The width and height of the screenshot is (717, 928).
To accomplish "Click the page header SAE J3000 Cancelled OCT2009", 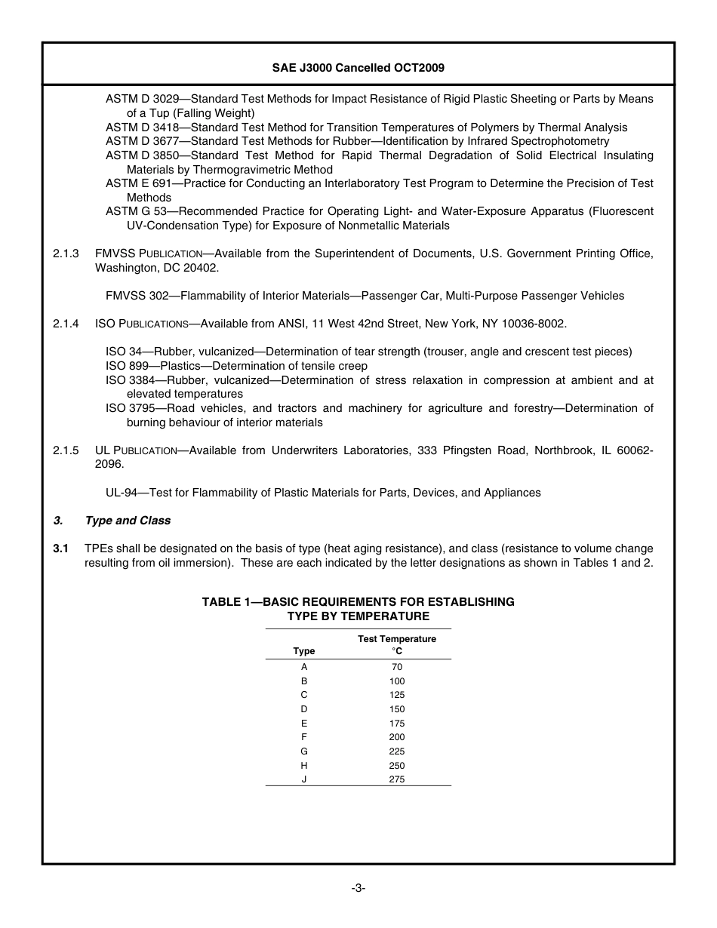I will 358,68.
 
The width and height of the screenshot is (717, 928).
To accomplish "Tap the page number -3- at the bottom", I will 358,888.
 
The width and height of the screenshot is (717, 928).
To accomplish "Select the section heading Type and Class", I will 128,521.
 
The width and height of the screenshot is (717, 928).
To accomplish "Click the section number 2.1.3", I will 66,254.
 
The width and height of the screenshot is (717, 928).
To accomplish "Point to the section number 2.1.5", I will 66,450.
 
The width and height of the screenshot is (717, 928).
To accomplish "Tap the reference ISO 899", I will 127,366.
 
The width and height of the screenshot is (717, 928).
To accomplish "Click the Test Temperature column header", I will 396,639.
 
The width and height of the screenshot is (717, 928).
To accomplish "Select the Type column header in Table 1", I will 304,651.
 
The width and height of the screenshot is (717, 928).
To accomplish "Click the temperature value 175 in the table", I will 396,724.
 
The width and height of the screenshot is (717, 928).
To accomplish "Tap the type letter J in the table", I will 304,779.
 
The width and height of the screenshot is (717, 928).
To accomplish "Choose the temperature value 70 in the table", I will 396,667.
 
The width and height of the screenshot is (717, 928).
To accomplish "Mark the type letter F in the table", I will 304,737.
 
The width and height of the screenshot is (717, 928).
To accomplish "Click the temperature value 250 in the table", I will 396,766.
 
